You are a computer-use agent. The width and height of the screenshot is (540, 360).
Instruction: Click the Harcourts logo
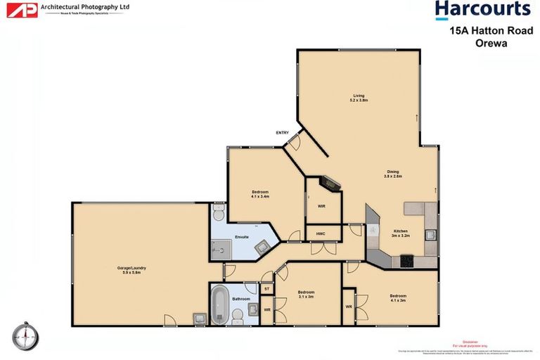[x=482, y=10]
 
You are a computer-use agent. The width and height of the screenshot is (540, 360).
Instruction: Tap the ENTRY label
[x=283, y=132]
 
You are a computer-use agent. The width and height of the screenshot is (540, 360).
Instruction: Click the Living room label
[x=359, y=98]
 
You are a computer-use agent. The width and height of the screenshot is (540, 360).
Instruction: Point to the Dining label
[x=392, y=174]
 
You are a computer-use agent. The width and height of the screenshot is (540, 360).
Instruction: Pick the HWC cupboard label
[x=320, y=233]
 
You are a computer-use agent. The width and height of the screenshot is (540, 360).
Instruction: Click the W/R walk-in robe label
[x=321, y=206]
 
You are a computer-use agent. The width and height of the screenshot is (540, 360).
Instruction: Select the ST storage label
[x=267, y=288]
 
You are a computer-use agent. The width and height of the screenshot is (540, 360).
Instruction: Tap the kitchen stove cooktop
[x=406, y=262]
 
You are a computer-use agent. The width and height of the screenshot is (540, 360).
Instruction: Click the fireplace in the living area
[x=328, y=184]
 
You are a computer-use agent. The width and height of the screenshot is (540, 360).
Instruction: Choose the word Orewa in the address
[x=490, y=42]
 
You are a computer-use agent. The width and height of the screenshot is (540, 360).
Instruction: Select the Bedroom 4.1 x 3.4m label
[x=260, y=194]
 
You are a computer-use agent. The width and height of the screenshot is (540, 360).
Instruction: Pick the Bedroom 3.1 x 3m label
[x=306, y=294]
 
